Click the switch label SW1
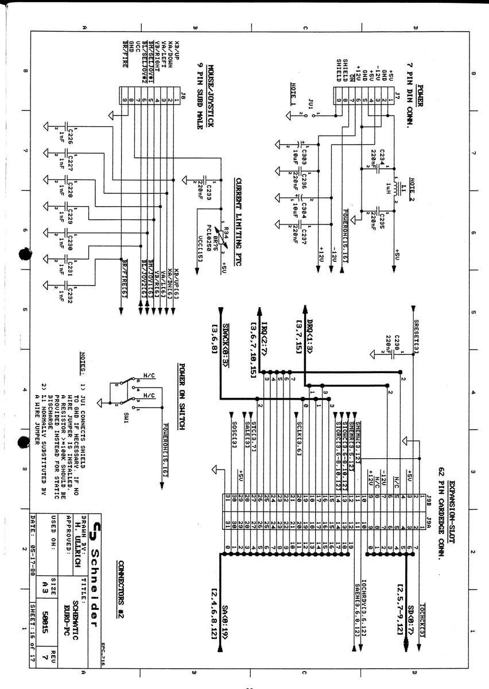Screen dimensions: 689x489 (126, 415)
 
